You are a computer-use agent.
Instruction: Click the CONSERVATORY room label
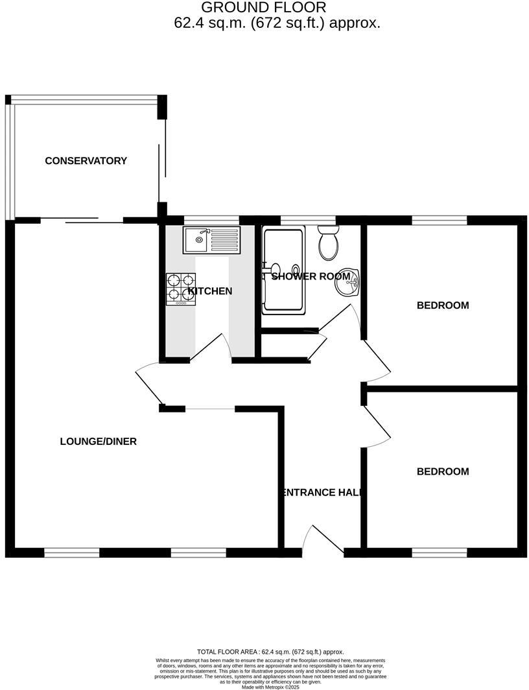[x=86, y=161]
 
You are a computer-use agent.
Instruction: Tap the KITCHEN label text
[x=209, y=291]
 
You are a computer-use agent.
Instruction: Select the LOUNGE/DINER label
[x=98, y=442]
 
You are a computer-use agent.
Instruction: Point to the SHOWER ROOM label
[x=311, y=276]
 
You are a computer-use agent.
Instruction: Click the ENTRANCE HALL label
[x=320, y=492]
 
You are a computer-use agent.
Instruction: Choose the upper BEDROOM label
[x=442, y=305]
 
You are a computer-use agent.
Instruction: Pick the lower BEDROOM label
[x=442, y=471]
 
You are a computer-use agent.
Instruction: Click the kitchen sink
[x=211, y=240]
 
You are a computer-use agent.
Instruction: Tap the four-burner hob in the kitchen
[x=182, y=289]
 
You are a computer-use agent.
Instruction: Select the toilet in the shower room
[x=328, y=243]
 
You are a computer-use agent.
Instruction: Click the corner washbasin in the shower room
[x=348, y=282]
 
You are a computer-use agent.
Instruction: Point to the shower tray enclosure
[x=283, y=270]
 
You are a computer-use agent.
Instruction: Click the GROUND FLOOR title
[x=264, y=8]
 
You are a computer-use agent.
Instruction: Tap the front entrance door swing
[x=322, y=540]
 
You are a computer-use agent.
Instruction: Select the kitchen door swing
[x=211, y=347]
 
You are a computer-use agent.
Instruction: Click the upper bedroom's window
[x=440, y=220]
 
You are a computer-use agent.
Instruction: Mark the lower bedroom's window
[x=440, y=553]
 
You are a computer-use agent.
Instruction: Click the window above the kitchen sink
[x=211, y=220]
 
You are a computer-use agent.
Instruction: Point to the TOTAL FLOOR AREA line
[x=270, y=652]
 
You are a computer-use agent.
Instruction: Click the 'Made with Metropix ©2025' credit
[x=270, y=687]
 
